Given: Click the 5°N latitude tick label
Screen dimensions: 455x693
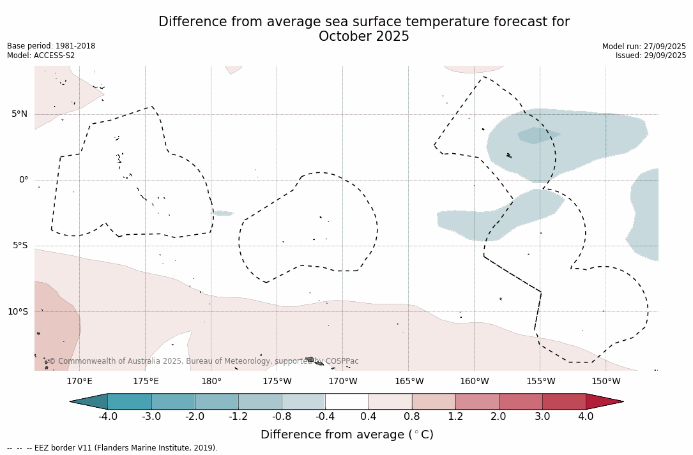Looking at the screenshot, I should click(x=19, y=114).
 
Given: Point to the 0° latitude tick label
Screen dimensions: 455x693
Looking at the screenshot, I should click(x=24, y=180).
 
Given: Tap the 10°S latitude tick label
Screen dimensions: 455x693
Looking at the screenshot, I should click(x=17, y=312).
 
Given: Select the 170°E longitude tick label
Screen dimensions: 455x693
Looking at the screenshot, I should click(x=79, y=382).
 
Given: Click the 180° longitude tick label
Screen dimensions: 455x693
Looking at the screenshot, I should click(x=211, y=382).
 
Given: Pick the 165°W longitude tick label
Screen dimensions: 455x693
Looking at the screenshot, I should click(x=409, y=382).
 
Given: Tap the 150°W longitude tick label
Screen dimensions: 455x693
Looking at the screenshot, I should click(x=605, y=382).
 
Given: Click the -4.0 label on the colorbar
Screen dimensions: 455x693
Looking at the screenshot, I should click(x=107, y=417).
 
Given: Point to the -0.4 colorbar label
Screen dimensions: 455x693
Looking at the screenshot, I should click(x=324, y=417).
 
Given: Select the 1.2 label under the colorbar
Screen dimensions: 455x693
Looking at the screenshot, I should click(x=455, y=417).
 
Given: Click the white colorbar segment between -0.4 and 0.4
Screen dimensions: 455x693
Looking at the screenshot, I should click(x=347, y=401).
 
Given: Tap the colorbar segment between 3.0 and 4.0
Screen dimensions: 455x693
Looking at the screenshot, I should click(x=564, y=401).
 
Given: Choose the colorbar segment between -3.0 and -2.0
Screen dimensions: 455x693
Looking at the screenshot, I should click(x=173, y=401).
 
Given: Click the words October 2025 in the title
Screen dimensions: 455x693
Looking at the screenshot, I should click(x=363, y=36).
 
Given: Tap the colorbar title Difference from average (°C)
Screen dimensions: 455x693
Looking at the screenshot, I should click(x=347, y=435).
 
